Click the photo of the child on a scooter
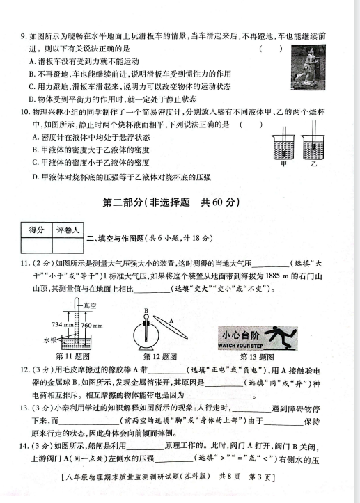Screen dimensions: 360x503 point(308,67)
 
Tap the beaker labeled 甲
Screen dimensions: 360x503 point(283,147)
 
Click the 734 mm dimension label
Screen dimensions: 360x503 point(63,324)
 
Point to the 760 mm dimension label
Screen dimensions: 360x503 point(92,325)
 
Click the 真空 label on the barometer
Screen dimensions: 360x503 point(90,305)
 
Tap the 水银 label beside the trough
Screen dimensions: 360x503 point(49,340)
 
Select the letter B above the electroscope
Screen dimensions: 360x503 point(146,310)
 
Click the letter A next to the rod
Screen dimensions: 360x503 point(171,321)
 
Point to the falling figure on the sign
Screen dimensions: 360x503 point(279,337)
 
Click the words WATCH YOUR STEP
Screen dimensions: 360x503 point(240,346)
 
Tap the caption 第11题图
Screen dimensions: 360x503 point(72,356)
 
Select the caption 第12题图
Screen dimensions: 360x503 point(160,357)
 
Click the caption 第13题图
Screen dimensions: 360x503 point(257,357)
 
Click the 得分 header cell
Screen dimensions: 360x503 point(37,230)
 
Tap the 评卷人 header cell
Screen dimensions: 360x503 point(68,230)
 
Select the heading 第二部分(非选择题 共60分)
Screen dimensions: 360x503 point(171,202)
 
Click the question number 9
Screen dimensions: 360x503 point(23,36)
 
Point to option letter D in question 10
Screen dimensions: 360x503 point(35,177)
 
